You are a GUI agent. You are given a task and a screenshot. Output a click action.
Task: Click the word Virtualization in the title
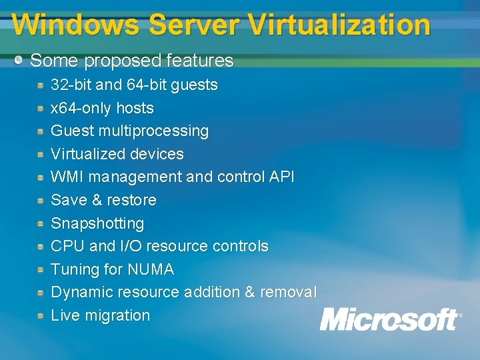click(339, 25)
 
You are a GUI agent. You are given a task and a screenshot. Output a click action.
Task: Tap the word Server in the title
click(194, 25)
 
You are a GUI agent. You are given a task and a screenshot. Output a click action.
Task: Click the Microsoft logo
click(390, 319)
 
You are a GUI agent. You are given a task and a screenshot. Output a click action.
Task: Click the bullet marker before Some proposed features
click(19, 60)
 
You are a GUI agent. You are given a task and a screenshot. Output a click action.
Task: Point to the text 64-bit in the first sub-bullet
click(146, 85)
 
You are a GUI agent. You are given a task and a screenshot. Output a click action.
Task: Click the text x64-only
click(81, 108)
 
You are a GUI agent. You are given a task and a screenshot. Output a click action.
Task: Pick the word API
click(281, 177)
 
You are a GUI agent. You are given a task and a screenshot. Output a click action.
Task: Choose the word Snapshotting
click(97, 223)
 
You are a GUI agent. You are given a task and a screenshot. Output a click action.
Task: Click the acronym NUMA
click(151, 269)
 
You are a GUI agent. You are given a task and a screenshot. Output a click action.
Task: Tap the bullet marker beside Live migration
click(41, 315)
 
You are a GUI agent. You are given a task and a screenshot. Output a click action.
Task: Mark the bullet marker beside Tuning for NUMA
click(41, 269)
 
